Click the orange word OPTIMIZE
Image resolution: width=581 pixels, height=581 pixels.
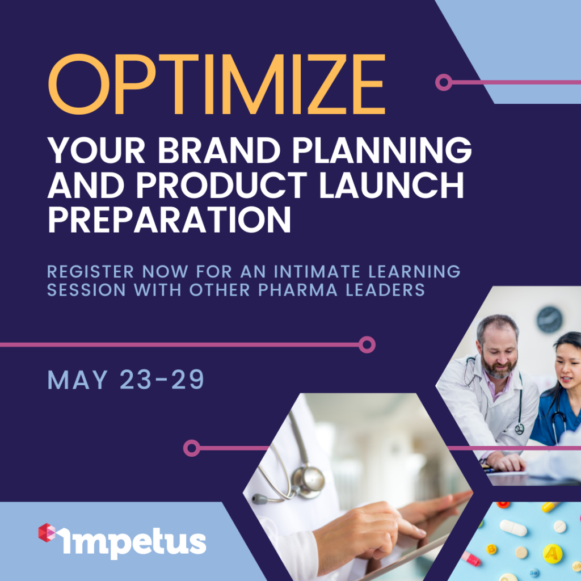click(217, 85)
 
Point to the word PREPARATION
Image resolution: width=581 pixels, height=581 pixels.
click(169, 219)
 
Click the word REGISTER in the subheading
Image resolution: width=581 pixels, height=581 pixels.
click(90, 272)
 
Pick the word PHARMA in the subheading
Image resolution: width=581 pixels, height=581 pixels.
click(298, 290)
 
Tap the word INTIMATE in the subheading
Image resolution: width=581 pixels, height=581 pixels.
click(317, 272)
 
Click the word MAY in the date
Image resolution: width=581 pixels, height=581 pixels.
click(77, 380)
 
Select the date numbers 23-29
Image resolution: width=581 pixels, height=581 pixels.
click(162, 380)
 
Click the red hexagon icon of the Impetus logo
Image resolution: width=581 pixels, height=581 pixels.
click(47, 532)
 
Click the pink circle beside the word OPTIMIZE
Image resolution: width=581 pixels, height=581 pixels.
click(444, 82)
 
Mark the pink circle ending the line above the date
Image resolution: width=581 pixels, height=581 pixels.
click(367, 345)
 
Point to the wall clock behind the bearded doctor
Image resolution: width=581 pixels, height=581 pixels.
click(549, 319)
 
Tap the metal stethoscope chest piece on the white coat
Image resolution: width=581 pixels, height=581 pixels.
click(308, 482)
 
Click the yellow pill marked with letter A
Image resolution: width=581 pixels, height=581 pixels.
click(553, 554)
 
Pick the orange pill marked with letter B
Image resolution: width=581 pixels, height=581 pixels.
click(492, 549)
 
